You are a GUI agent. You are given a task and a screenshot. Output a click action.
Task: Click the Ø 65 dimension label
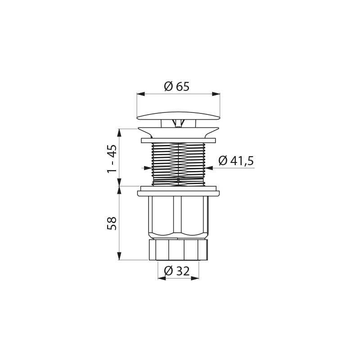pos(177,86)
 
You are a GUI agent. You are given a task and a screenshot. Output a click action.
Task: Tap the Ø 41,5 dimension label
pos(236,161)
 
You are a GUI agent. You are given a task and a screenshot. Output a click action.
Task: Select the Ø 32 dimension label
pos(177,271)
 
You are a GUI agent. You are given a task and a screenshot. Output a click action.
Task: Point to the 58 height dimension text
pos(112,223)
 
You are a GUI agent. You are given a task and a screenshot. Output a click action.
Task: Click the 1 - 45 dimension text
pos(112,159)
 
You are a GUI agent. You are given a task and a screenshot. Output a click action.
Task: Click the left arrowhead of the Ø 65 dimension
pos(141,94)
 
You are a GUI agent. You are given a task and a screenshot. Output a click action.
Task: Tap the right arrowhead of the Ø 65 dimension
pos(216,94)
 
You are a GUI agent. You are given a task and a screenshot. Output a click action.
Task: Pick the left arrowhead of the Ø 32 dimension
pos(162,278)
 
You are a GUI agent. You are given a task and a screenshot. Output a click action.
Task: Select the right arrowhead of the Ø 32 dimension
pos(195,278)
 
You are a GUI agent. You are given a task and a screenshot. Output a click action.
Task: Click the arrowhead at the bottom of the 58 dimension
pos(119,256)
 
